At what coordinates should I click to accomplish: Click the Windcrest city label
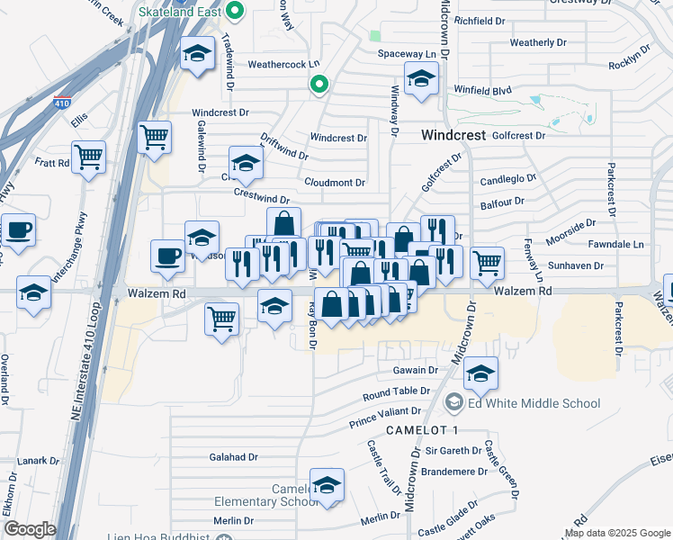[x=453, y=135]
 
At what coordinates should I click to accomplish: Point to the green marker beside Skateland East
[x=236, y=13]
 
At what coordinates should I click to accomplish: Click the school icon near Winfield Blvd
[x=420, y=79]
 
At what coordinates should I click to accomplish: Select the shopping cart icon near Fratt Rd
[x=89, y=157]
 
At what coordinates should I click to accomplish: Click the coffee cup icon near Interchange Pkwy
[x=18, y=230]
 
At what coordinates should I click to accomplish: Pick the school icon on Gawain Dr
[x=481, y=373]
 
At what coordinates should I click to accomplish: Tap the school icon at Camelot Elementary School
[x=327, y=485]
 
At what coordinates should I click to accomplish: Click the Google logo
[x=30, y=529]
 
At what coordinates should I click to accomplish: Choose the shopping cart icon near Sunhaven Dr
[x=487, y=264]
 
